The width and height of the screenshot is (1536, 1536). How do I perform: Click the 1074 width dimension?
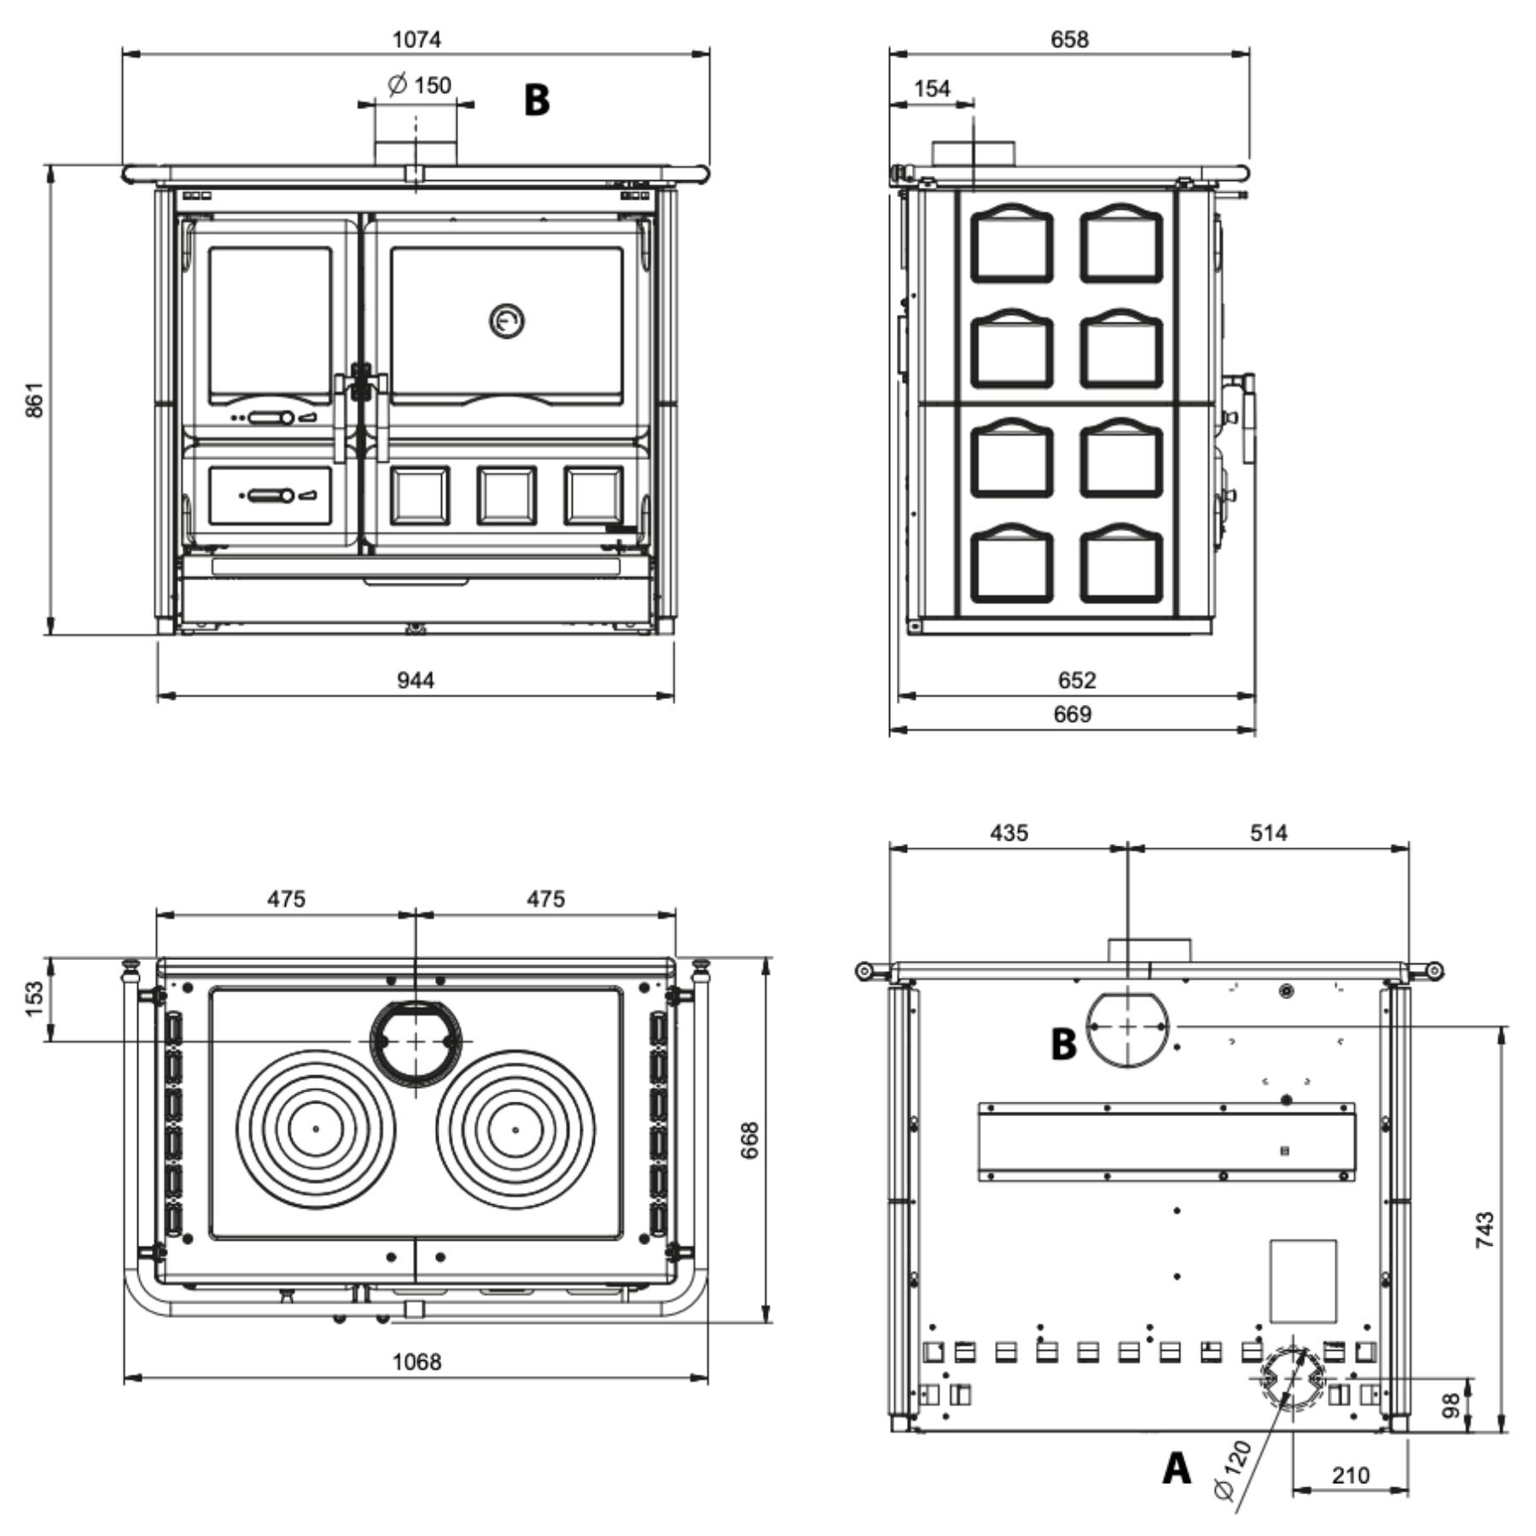coord(416,39)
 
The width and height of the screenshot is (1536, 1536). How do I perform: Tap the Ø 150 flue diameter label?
coord(419,84)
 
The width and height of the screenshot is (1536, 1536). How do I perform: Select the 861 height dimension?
coord(34,399)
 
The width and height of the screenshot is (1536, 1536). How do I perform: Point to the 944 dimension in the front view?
coord(416,680)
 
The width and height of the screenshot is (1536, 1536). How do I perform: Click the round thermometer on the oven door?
coord(507,321)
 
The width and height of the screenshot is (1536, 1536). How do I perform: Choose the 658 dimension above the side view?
coord(1069,39)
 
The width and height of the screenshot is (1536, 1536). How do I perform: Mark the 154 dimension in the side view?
coord(931,88)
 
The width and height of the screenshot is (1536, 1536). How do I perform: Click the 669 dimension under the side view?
coord(1073,713)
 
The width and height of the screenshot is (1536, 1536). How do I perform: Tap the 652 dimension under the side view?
coord(1076,680)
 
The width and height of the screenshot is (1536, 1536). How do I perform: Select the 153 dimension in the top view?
coord(34,999)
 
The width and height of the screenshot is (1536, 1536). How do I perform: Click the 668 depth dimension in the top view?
coord(749,1140)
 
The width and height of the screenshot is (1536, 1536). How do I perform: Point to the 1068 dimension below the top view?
coord(416,1361)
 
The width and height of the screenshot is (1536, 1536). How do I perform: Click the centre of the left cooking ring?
coord(316,1129)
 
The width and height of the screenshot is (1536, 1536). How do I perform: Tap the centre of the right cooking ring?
coord(515,1129)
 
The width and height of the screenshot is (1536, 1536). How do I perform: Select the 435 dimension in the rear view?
coord(1009,832)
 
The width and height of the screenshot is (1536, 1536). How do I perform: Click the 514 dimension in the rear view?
coord(1268,832)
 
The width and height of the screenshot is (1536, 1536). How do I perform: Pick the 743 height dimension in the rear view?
coord(1485,1230)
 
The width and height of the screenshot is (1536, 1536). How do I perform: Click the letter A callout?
coord(1178,1469)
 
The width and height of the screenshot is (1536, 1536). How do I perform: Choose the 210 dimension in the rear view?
coord(1350,1475)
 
